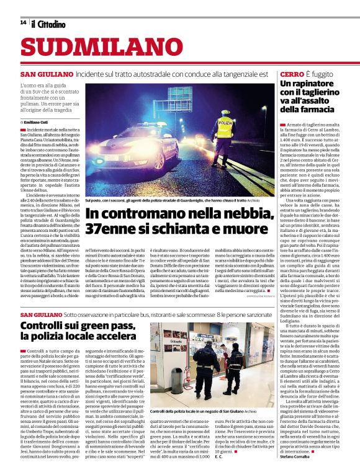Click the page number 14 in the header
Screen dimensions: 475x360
point(23,23)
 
